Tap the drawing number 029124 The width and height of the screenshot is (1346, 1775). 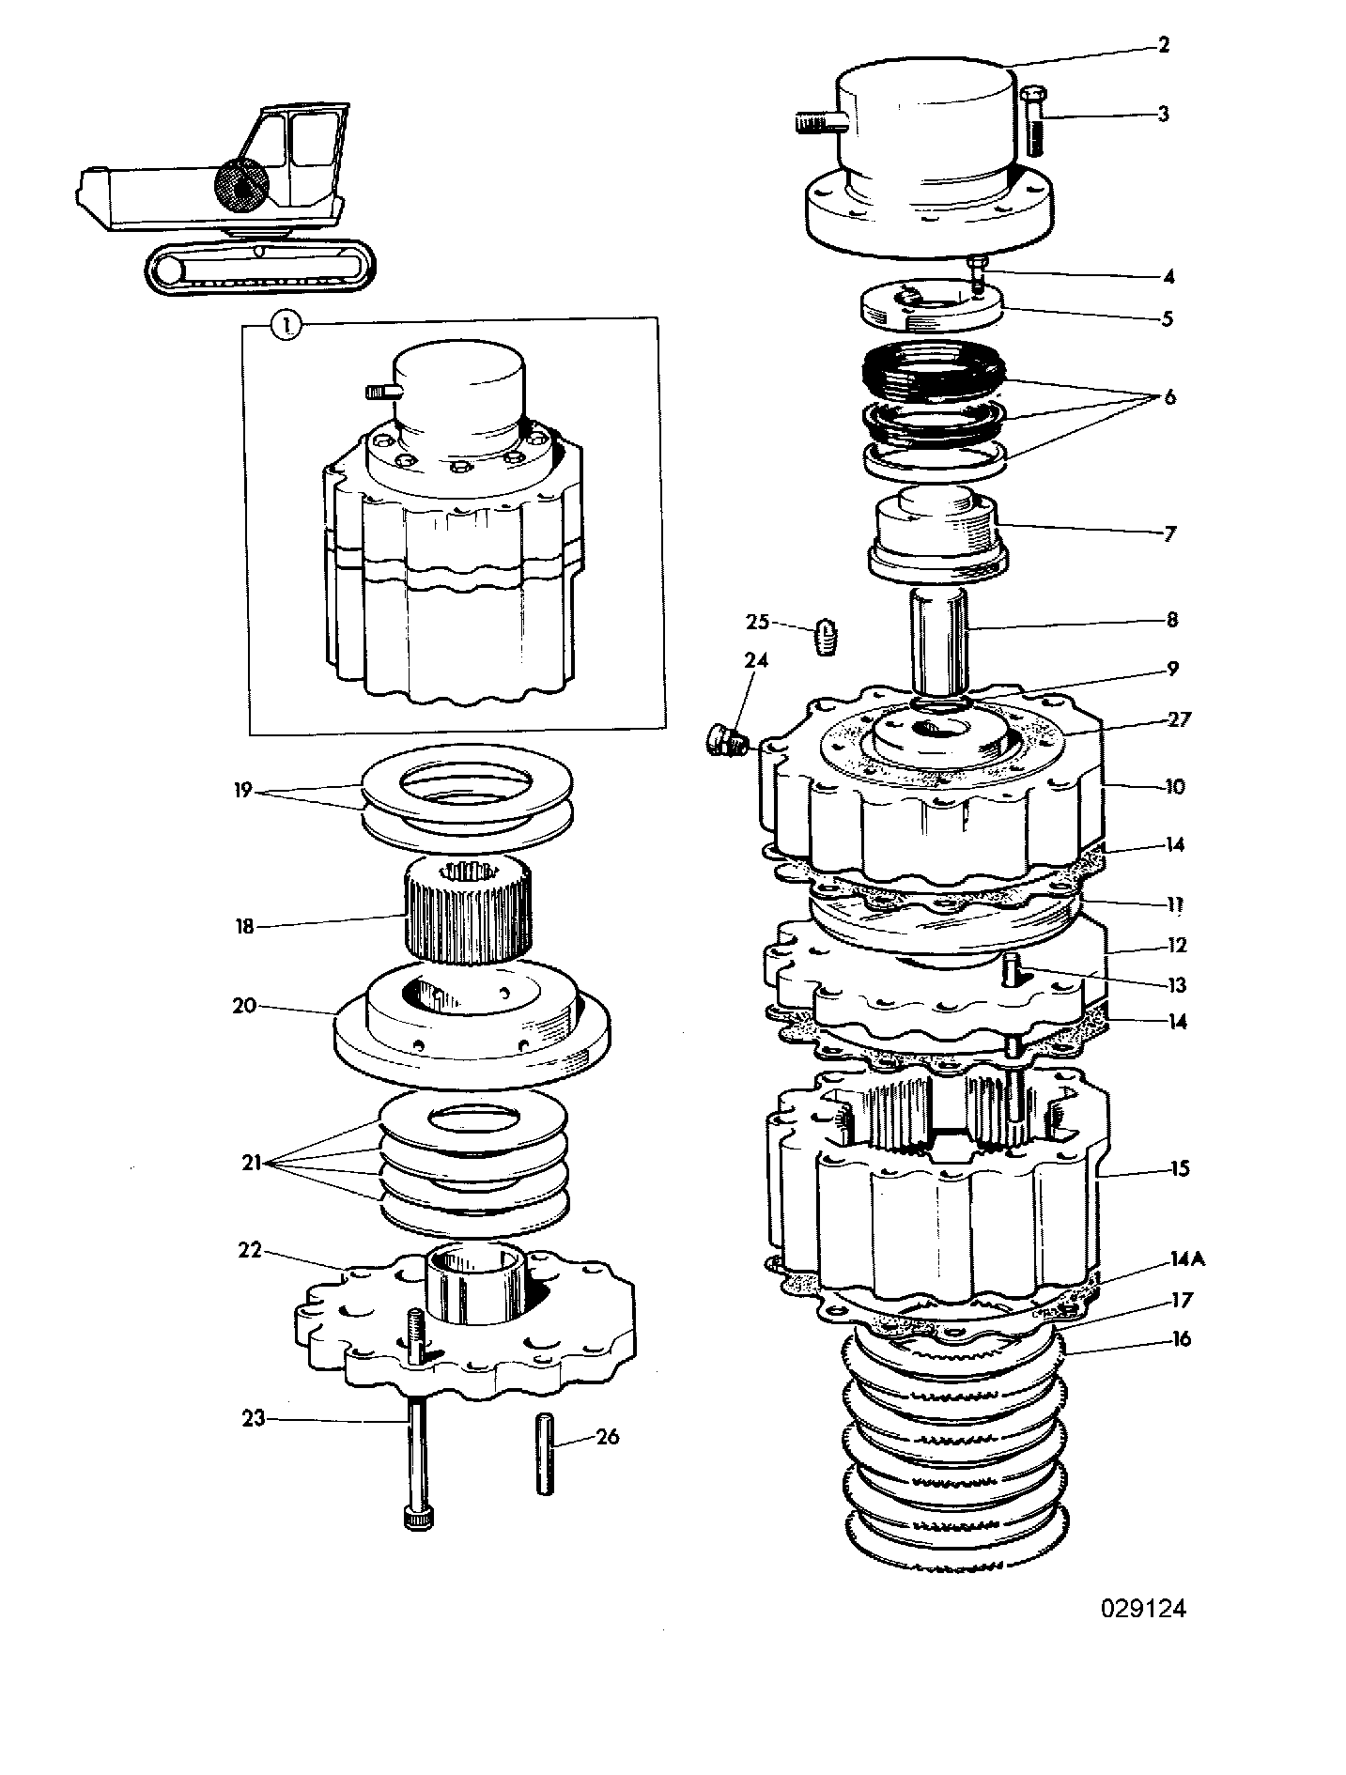1144,1609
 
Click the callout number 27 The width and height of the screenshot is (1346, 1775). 1179,719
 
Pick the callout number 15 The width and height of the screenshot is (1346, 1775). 1179,1168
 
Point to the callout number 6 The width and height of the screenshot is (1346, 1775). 1169,396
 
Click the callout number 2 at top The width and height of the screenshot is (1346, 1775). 1164,44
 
